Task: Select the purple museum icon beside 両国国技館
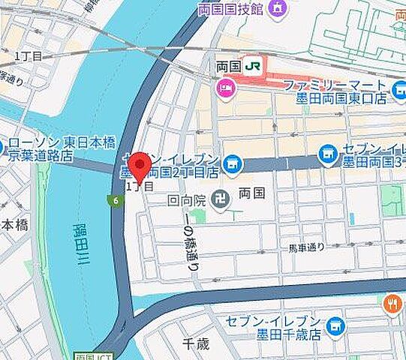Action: (277, 9)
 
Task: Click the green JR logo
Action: (254, 67)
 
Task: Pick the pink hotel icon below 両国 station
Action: (224, 90)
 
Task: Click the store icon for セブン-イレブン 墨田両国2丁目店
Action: (233, 162)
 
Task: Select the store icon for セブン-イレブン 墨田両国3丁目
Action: (327, 154)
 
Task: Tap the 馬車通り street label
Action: (305, 247)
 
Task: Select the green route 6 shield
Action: (114, 200)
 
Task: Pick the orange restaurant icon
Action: (392, 303)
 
